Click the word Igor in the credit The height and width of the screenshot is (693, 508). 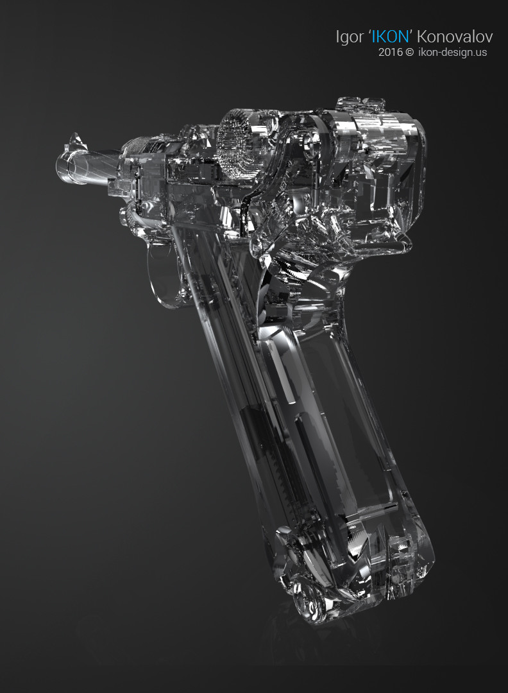click(x=350, y=37)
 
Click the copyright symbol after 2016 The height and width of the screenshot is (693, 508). click(x=409, y=52)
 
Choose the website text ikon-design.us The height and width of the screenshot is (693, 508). click(x=452, y=52)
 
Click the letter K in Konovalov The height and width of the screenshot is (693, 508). click(x=421, y=37)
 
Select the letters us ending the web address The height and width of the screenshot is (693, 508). click(x=481, y=52)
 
